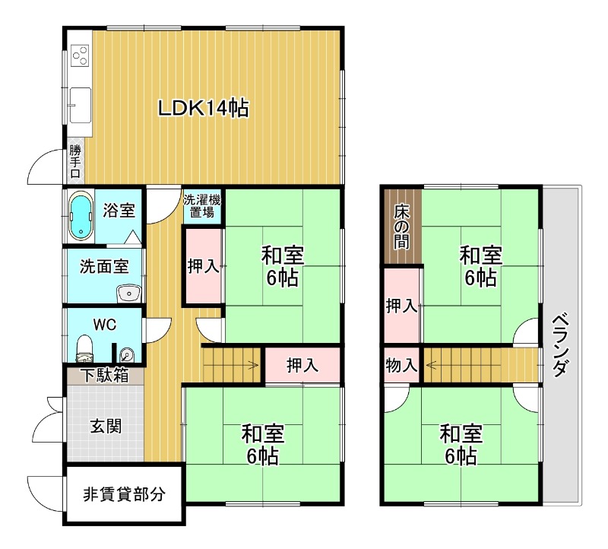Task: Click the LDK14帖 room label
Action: tap(203, 108)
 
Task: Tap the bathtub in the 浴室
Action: tap(81, 217)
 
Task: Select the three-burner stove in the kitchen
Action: tap(81, 56)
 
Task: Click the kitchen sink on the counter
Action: tap(81, 105)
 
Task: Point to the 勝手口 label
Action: tap(75, 161)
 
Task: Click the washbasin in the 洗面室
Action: tap(129, 293)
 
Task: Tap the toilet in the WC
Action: tap(84, 348)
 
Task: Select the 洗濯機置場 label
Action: tap(202, 206)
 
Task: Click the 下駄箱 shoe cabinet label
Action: tap(104, 375)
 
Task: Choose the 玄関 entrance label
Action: tap(106, 426)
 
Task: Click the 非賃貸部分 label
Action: tap(124, 494)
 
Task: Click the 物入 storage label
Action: tap(401, 365)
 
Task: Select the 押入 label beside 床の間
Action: tap(401, 306)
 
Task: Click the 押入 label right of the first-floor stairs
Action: tap(302, 365)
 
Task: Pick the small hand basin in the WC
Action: tap(127, 354)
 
